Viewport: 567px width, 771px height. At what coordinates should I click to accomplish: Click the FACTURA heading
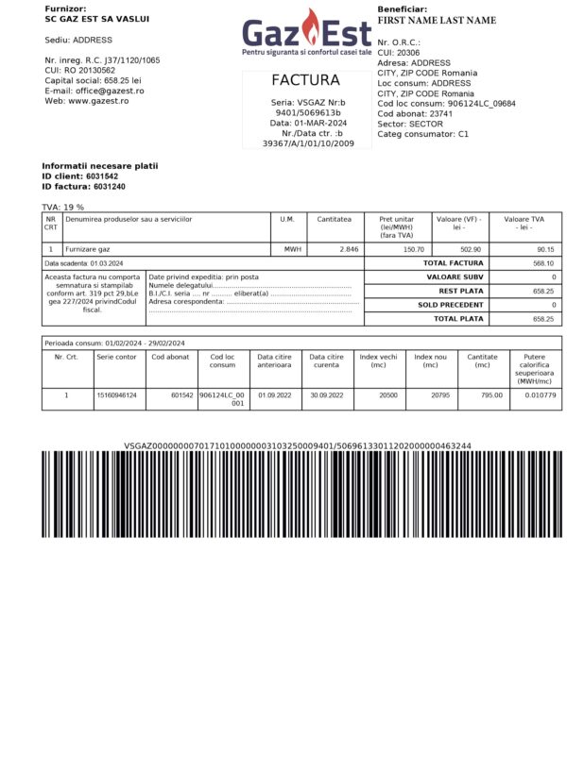(x=305, y=80)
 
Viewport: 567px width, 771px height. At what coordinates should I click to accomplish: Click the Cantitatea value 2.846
(x=348, y=249)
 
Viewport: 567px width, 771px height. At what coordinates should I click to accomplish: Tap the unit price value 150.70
(x=414, y=249)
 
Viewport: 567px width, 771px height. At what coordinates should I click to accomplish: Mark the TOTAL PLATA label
(x=458, y=319)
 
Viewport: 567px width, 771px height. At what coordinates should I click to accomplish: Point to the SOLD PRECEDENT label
(x=451, y=305)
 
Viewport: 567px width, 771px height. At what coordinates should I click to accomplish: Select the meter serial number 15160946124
(x=117, y=395)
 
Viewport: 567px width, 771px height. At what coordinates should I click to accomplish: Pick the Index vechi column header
(x=378, y=361)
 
